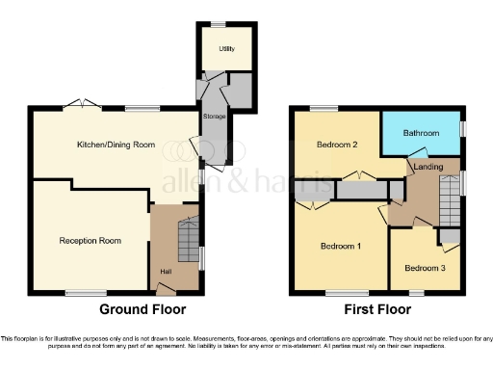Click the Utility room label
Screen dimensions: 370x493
tap(226, 48)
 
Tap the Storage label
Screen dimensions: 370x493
tap(214, 117)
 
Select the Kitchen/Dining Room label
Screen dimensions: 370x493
tap(117, 145)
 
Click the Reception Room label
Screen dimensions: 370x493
tap(90, 240)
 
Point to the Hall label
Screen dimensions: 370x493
tap(165, 272)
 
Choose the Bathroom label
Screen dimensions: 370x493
tap(421, 133)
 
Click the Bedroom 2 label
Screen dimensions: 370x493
tap(337, 145)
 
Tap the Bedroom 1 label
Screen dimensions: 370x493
tap(340, 247)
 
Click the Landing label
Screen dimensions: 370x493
tap(428, 168)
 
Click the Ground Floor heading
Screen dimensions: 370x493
tap(143, 310)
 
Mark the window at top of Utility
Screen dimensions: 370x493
tap(219, 23)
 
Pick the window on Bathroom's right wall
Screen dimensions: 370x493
tap(462, 128)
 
